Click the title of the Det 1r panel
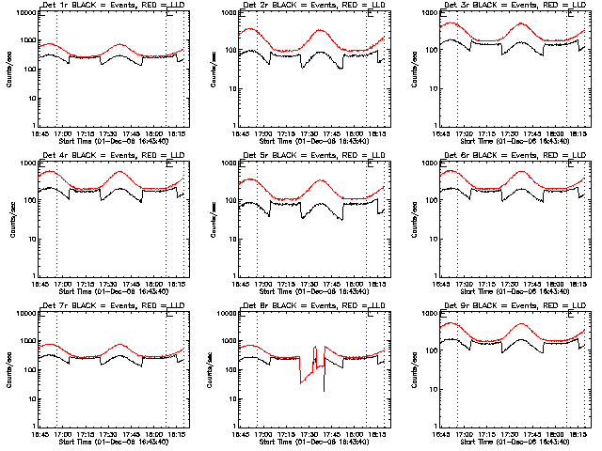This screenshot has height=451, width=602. [111, 7]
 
